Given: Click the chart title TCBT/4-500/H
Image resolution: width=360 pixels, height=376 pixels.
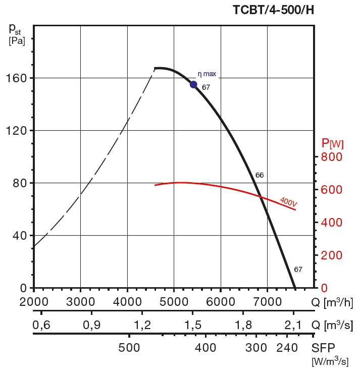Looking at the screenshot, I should (273, 10).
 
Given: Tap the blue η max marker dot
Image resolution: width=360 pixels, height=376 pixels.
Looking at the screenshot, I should (193, 84).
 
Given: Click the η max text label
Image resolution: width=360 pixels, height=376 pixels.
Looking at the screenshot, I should (207, 74).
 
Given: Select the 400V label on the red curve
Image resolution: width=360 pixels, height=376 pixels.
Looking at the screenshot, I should (288, 202).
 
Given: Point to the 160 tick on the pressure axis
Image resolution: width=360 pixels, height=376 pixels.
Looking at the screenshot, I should (17, 78).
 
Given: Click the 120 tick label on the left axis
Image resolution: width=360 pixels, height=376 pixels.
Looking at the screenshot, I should (17, 131).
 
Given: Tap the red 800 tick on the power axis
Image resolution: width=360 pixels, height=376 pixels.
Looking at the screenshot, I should (332, 157).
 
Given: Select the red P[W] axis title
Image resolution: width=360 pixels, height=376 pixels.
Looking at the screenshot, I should (332, 144).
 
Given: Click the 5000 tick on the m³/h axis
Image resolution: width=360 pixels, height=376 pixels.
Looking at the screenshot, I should (174, 302).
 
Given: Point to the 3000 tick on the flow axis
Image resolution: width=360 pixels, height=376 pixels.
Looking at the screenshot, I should (81, 302).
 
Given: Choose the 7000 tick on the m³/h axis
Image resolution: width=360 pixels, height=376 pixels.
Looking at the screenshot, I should (267, 302).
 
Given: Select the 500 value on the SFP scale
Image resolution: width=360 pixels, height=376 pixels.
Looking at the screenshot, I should (129, 348).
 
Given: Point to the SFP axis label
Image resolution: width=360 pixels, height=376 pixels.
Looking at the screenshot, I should (323, 348).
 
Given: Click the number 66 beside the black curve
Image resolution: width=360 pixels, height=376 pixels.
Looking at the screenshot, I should (260, 175).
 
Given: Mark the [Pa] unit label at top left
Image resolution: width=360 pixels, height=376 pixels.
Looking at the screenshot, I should (17, 41).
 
